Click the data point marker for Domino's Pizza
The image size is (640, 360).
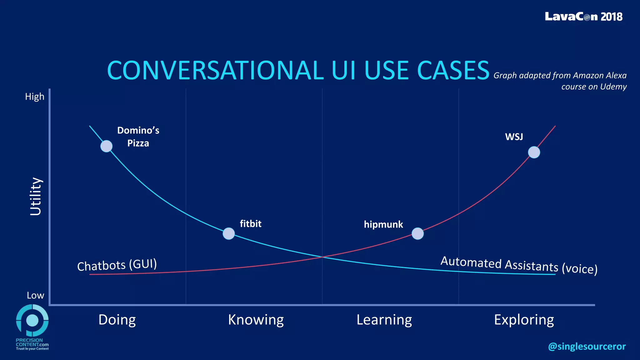[106, 146]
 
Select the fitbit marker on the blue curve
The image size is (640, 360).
[229, 233]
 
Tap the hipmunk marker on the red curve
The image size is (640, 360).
[417, 233]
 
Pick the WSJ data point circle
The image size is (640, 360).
[534, 152]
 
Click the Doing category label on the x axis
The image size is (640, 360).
[117, 320]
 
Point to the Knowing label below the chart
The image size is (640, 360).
[256, 320]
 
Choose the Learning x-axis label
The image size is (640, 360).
[384, 320]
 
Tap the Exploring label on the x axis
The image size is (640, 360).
[524, 320]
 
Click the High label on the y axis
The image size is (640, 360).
[35, 97]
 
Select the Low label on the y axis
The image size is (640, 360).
[35, 295]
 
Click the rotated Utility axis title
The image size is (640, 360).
[36, 196]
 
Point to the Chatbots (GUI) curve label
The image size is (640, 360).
[117, 265]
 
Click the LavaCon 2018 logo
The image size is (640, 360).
[583, 17]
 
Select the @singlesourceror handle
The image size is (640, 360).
[587, 346]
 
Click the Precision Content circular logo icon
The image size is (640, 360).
[32, 320]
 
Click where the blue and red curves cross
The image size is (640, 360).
[322, 257]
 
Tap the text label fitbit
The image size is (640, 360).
[250, 224]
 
